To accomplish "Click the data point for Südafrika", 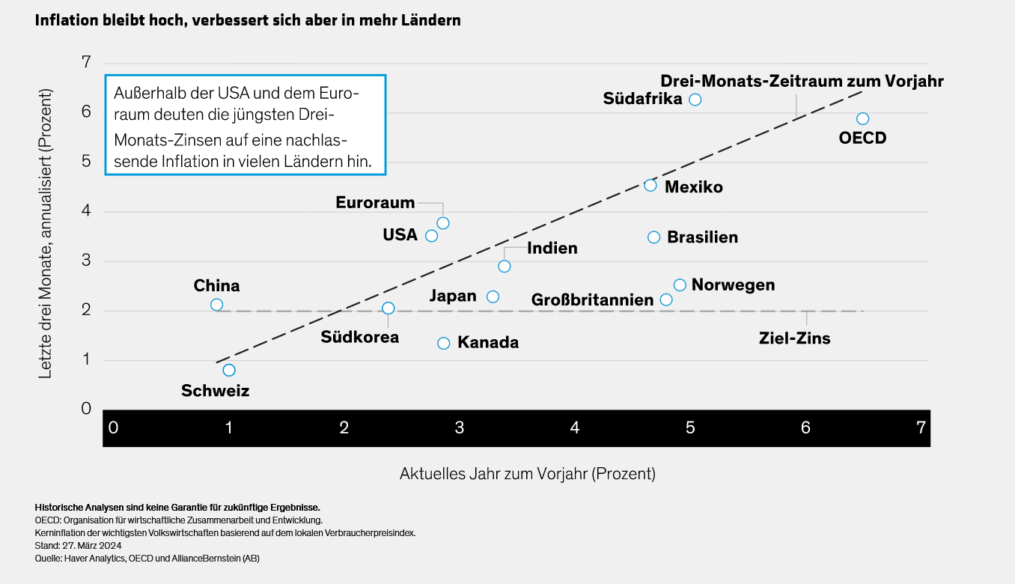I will click(695, 100).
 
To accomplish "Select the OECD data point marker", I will click(862, 119).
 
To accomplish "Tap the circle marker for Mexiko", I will click(650, 185).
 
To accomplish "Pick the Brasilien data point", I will click(653, 237).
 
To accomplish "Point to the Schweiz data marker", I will click(229, 370).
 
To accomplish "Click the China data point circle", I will click(216, 305).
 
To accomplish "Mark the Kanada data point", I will click(443, 343).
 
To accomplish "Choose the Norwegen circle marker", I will click(680, 285).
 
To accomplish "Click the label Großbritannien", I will click(592, 300).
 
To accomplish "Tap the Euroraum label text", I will click(375, 202).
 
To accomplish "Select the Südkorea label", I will click(360, 337).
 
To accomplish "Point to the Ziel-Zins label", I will click(794, 338).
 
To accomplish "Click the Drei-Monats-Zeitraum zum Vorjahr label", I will click(802, 81).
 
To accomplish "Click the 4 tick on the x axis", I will click(575, 428).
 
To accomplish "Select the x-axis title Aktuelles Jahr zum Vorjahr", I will click(527, 474).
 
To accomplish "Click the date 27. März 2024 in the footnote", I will click(90, 545).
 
